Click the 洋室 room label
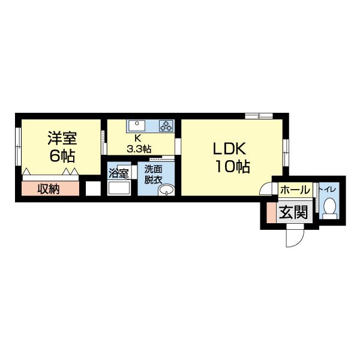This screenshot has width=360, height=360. tap(62, 139)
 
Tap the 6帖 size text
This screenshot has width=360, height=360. tap(62, 157)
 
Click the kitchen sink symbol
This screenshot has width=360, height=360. tap(136, 126)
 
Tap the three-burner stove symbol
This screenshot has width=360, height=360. tap(166, 126)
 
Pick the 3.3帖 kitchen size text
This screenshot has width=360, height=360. tap(138, 147)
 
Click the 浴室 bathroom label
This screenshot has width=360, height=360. tap(118, 173)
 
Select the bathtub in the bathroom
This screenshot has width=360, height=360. tap(118, 187)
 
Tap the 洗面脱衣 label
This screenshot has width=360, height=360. tap(154, 174)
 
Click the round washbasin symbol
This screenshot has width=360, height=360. tap(165, 191)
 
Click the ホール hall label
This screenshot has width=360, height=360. tap(295, 190)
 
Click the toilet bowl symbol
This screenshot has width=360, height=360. tap(329, 208)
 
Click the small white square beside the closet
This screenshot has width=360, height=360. tap(92, 189)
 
